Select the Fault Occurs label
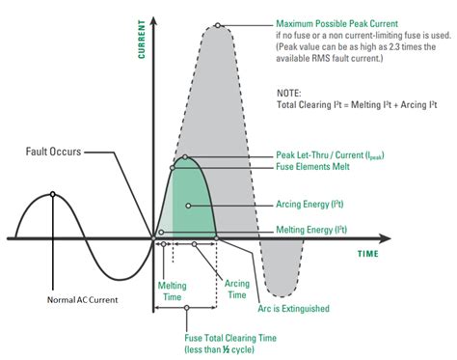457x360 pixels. pos(53,152)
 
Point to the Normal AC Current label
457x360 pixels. pos(83,300)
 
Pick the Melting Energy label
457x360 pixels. pos(311,229)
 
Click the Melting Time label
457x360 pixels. pos(175,291)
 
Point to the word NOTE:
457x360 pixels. pos(289,92)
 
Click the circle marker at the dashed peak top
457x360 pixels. pos(219,26)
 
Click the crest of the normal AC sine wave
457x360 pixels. pos(51,194)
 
